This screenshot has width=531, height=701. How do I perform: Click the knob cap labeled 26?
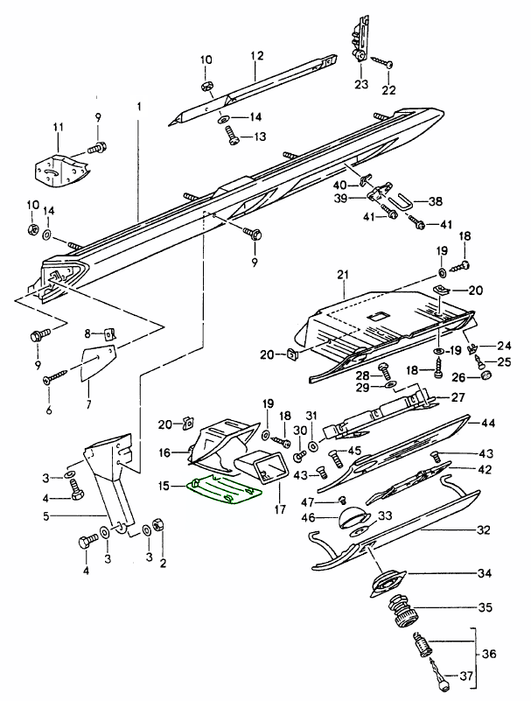485,376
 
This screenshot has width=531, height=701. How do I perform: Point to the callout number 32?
484,530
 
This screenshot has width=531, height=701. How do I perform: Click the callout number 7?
87,404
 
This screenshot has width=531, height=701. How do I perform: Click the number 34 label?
484,575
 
